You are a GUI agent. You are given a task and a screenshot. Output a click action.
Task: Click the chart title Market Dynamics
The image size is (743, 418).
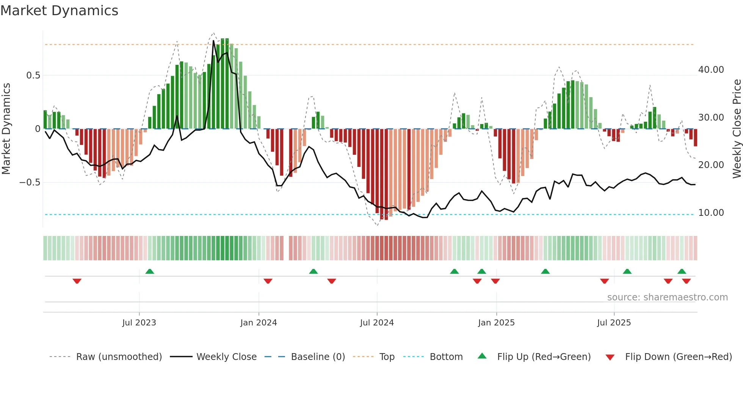click(x=59, y=11)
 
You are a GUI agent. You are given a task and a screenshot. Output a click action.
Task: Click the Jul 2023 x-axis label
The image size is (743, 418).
click(x=139, y=323)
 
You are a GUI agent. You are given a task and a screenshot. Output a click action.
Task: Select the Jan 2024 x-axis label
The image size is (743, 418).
click(x=259, y=323)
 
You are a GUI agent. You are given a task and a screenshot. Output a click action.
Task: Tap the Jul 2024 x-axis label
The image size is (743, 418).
click(x=377, y=323)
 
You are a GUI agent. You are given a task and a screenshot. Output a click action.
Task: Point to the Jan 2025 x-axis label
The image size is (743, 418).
click(x=496, y=323)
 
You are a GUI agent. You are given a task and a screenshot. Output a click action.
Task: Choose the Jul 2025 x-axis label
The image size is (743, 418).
click(x=614, y=323)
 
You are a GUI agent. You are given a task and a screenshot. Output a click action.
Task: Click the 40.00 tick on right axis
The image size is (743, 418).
click(x=711, y=70)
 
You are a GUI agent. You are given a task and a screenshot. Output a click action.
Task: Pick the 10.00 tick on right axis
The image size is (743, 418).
click(x=711, y=213)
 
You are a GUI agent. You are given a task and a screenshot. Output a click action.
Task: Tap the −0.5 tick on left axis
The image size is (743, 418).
click(x=30, y=182)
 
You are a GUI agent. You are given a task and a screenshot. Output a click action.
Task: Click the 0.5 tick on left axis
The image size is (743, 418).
click(x=33, y=75)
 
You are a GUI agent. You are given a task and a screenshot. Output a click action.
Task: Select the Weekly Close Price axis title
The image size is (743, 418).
click(x=737, y=129)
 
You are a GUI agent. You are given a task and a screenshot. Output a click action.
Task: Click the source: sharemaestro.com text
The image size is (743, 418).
click(x=667, y=297)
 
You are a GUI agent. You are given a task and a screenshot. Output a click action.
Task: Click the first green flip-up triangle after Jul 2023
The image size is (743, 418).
click(x=150, y=271)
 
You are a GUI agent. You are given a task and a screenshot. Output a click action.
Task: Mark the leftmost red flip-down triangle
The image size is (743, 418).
click(x=77, y=281)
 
